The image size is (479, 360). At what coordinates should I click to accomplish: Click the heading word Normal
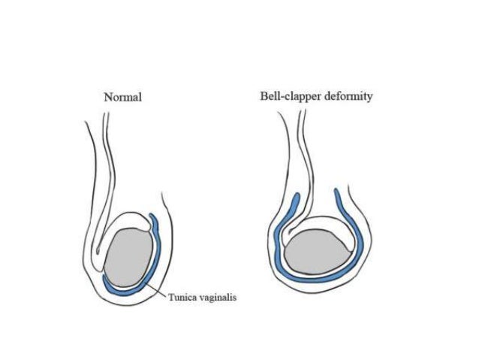pos(123,96)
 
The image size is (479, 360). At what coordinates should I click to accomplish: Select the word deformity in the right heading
pos(348,96)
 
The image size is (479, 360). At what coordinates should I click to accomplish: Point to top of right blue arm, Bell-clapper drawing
pos(337,192)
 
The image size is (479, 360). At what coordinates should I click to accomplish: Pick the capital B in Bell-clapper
pos(264,96)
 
